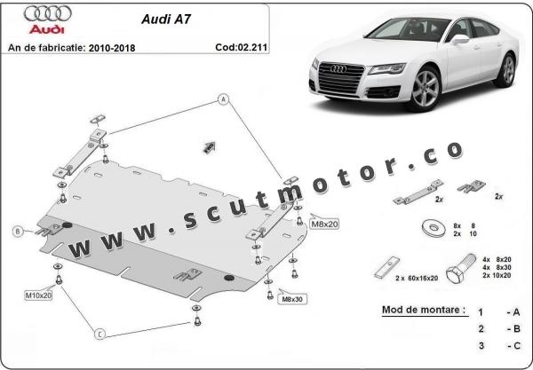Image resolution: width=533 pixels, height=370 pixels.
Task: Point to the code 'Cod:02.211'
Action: coord(242,46)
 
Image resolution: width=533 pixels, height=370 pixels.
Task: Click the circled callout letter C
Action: coord(100,334)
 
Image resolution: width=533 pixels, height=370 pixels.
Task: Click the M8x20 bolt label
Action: coord(324,224)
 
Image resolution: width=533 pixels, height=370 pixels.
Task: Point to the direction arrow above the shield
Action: coord(211,146)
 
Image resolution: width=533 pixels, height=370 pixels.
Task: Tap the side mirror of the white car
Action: coord(458,39)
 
